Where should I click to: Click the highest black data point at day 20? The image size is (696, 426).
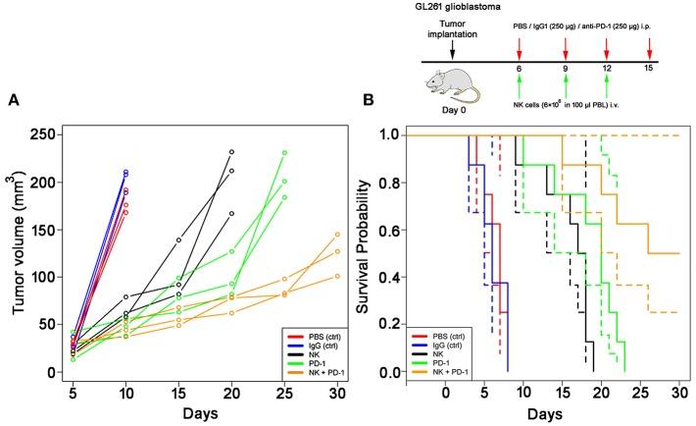(231, 152)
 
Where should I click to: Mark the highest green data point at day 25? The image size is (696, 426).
(285, 152)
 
